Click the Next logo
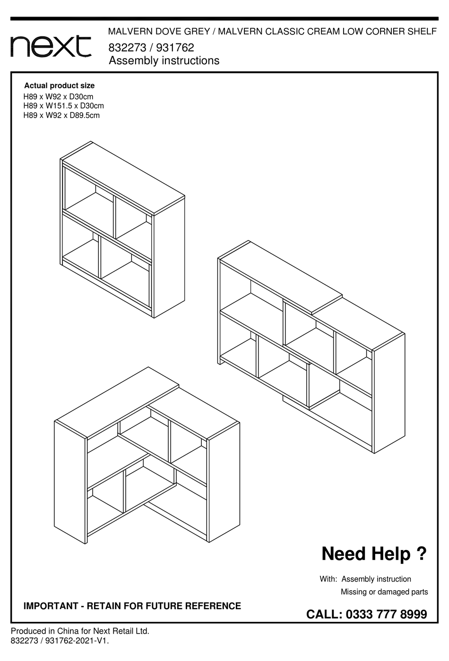click(51, 46)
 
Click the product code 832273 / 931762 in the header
click(151, 48)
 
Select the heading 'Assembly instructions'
click(164, 60)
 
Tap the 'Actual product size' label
click(59, 85)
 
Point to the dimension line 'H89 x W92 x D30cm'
click(58, 97)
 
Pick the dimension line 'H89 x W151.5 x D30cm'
click(63, 106)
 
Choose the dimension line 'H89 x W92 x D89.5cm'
click(61, 115)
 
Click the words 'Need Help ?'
click(374, 553)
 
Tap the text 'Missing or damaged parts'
click(384, 592)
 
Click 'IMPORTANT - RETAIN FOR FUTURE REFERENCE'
click(132, 606)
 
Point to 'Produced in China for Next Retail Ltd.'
click(80, 631)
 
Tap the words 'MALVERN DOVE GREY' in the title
click(159, 32)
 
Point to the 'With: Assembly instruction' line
click(365, 579)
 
